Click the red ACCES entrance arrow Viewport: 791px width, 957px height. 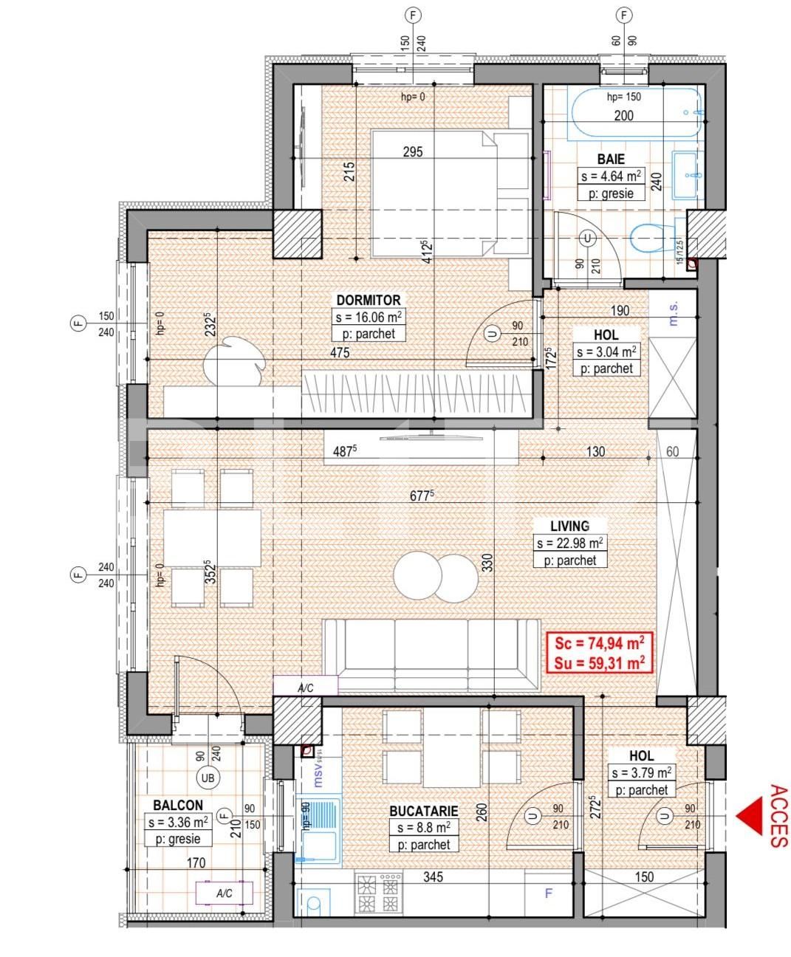(x=750, y=816)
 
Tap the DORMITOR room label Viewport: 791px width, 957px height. (x=369, y=301)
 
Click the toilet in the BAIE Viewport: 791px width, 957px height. (x=649, y=239)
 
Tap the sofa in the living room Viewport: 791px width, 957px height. (x=431, y=655)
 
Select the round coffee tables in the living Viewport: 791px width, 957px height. (x=435, y=577)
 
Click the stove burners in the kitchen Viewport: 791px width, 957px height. (x=380, y=893)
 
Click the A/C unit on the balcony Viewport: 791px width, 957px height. (x=225, y=893)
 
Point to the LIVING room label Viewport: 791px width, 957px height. (x=569, y=526)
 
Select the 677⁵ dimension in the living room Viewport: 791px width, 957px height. (x=420, y=496)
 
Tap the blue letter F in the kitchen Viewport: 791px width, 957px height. (x=548, y=893)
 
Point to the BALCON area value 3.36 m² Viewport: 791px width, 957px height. (x=178, y=822)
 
